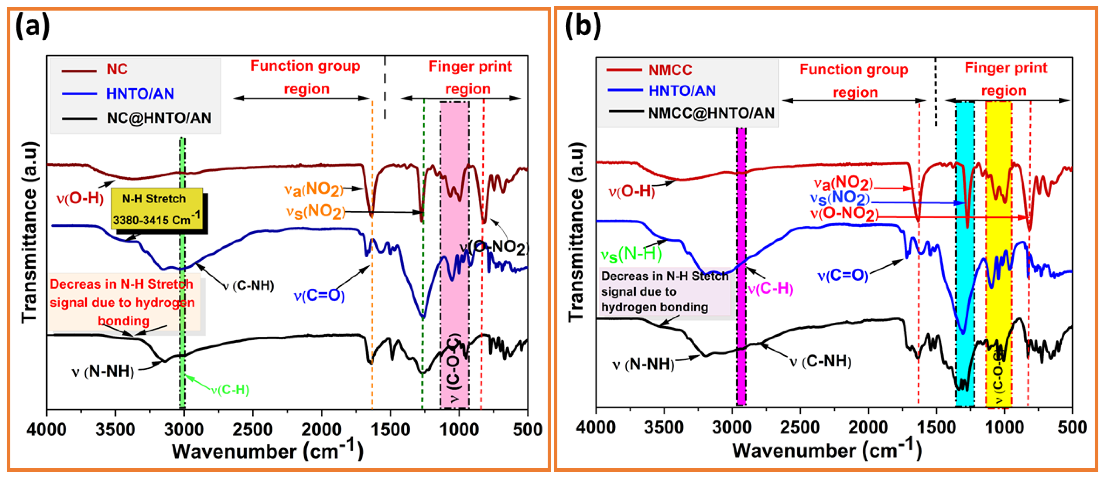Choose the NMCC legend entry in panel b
click(670, 70)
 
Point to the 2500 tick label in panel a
click(253, 429)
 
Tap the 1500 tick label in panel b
click(936, 428)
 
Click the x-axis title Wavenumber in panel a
click(268, 451)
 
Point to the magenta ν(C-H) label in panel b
click(770, 289)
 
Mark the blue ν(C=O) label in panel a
click(319, 296)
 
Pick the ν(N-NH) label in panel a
click(103, 371)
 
